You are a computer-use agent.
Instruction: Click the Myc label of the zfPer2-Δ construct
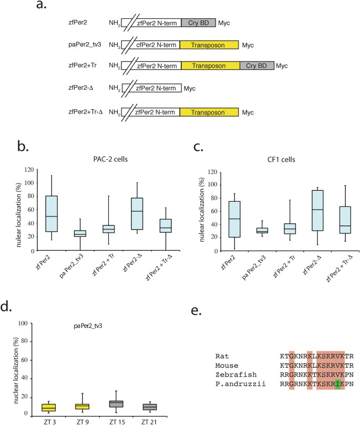pyautogui.click(x=190, y=89)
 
